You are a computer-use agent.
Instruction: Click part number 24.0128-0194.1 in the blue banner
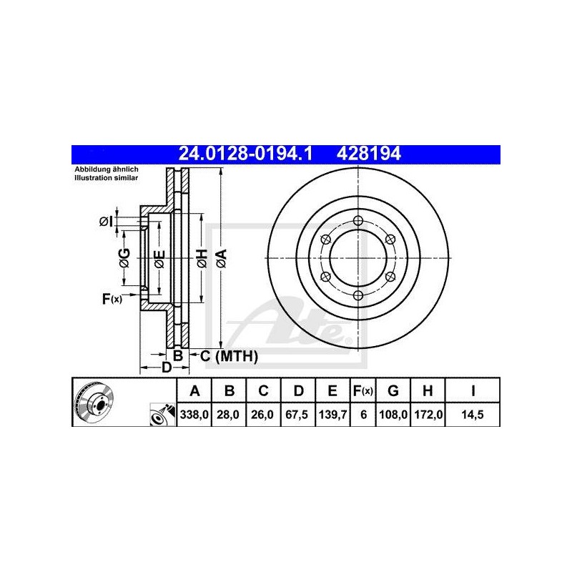pyautogui.click(x=245, y=154)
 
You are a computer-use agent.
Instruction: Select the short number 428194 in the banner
pyautogui.click(x=368, y=154)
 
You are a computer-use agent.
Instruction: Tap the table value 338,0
pyautogui.click(x=194, y=415)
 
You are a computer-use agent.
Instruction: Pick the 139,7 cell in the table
pyautogui.click(x=332, y=415)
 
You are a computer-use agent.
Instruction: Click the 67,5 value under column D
pyautogui.click(x=298, y=415)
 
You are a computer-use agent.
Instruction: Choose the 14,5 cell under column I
pyautogui.click(x=473, y=415)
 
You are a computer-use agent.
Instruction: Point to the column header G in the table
pyautogui.click(x=393, y=390)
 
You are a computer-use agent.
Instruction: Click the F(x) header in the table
pyautogui.click(x=363, y=391)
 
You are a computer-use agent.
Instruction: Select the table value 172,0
pyautogui.click(x=428, y=415)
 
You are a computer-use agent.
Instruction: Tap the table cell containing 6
pyautogui.click(x=363, y=415)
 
